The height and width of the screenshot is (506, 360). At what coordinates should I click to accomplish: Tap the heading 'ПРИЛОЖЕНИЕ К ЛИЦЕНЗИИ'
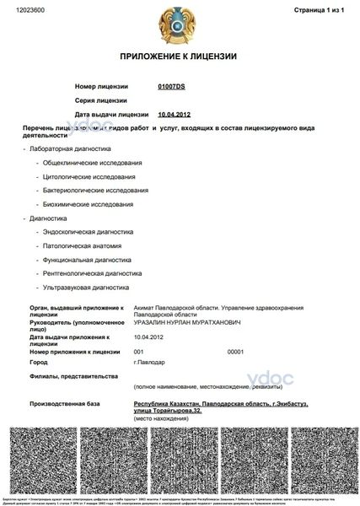[179, 57]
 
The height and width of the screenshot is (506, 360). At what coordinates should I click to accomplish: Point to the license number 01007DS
[171, 87]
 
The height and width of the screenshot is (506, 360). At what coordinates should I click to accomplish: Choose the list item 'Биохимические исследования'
[88, 204]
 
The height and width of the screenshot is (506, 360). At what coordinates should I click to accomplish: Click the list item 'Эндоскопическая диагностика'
[88, 232]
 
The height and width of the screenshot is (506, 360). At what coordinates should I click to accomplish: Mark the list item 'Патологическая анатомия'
[82, 245]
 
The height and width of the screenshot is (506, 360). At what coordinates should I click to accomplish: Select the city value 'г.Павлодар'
[150, 362]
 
